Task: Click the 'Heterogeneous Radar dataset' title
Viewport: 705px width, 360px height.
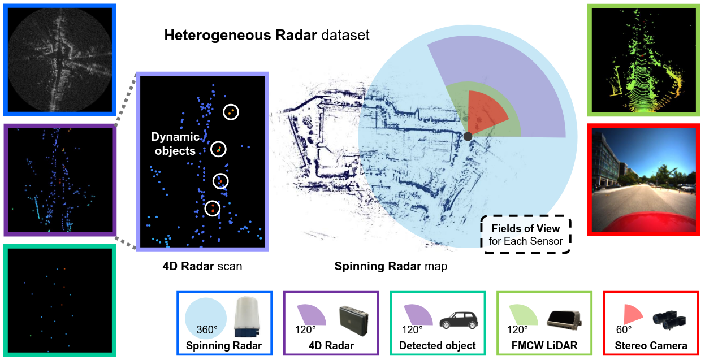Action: [266, 36]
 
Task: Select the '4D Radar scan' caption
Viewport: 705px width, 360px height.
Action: [202, 266]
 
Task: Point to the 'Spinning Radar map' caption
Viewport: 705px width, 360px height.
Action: [391, 266]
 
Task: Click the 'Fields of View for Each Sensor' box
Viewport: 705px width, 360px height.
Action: [525, 235]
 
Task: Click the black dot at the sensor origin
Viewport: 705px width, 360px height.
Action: [468, 136]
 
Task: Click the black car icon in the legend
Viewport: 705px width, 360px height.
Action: [459, 320]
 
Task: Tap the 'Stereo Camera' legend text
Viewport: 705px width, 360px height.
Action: [652, 345]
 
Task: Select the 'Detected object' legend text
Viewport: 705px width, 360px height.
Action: [437, 345]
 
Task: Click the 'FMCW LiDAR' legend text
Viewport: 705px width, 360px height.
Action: [544, 345]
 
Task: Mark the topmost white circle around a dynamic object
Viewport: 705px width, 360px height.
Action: [231, 112]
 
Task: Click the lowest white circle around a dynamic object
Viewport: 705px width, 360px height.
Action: [213, 209]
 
